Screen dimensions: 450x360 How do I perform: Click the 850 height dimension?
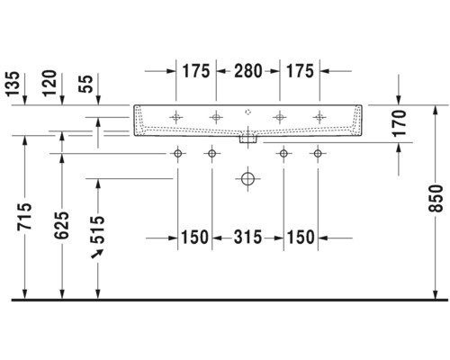[x=436, y=199]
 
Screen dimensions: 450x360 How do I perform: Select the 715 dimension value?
[x=24, y=217]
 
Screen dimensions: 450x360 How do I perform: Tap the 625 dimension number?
[x=61, y=225]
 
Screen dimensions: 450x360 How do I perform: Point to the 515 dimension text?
[x=97, y=229]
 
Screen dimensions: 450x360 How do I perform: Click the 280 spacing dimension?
[x=248, y=71]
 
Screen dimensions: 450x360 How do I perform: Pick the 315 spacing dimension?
[x=247, y=238]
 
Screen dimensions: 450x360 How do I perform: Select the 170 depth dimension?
[x=400, y=123]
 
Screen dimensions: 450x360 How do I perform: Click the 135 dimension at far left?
[x=13, y=84]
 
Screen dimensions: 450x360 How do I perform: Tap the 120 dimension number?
[x=49, y=83]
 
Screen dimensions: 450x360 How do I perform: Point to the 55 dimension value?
[x=86, y=84]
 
